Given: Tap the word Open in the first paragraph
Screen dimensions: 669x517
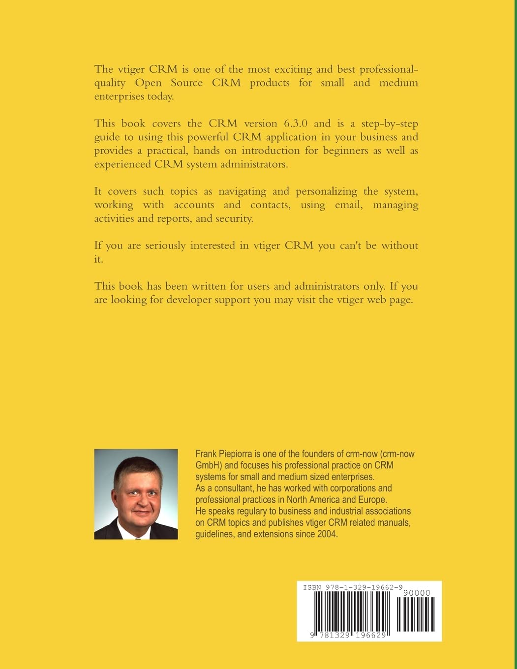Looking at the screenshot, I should coord(148,83).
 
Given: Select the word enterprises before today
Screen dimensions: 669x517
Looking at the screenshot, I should coord(119,96).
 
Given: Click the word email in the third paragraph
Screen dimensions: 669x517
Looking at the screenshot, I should coord(349,205).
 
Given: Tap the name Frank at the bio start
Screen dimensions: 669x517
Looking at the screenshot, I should coord(207,454).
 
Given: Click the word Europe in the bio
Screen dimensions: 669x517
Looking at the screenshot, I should coord(372,500).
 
